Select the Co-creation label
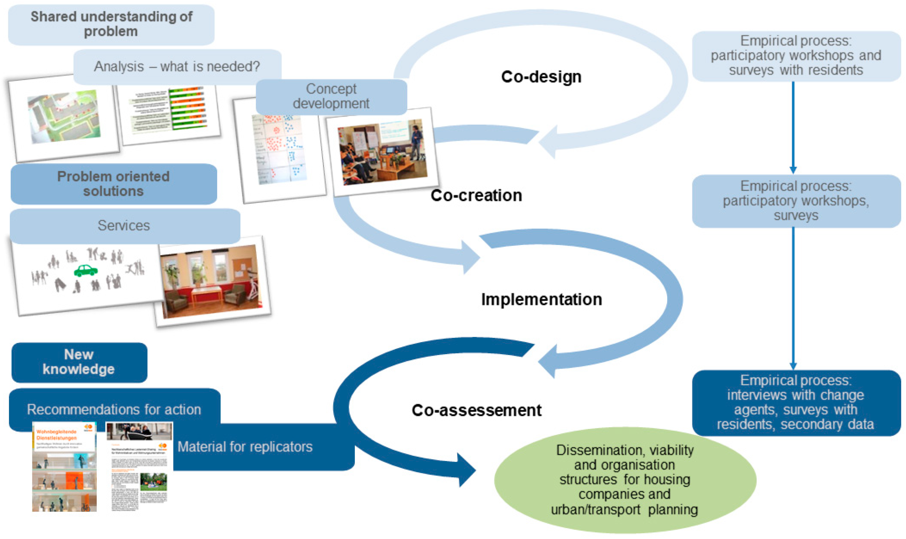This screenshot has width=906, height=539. point(476,195)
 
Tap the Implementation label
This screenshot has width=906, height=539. point(541,299)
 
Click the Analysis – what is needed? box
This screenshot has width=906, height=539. point(177,66)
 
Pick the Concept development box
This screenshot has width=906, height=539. point(331,96)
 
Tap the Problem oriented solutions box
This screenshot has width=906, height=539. point(113,184)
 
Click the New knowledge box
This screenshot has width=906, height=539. point(79,362)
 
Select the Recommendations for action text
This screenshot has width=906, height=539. point(114,409)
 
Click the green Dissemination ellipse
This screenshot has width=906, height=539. point(624,479)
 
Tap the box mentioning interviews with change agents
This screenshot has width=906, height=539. point(796,402)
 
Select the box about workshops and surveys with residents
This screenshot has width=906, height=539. point(796,55)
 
